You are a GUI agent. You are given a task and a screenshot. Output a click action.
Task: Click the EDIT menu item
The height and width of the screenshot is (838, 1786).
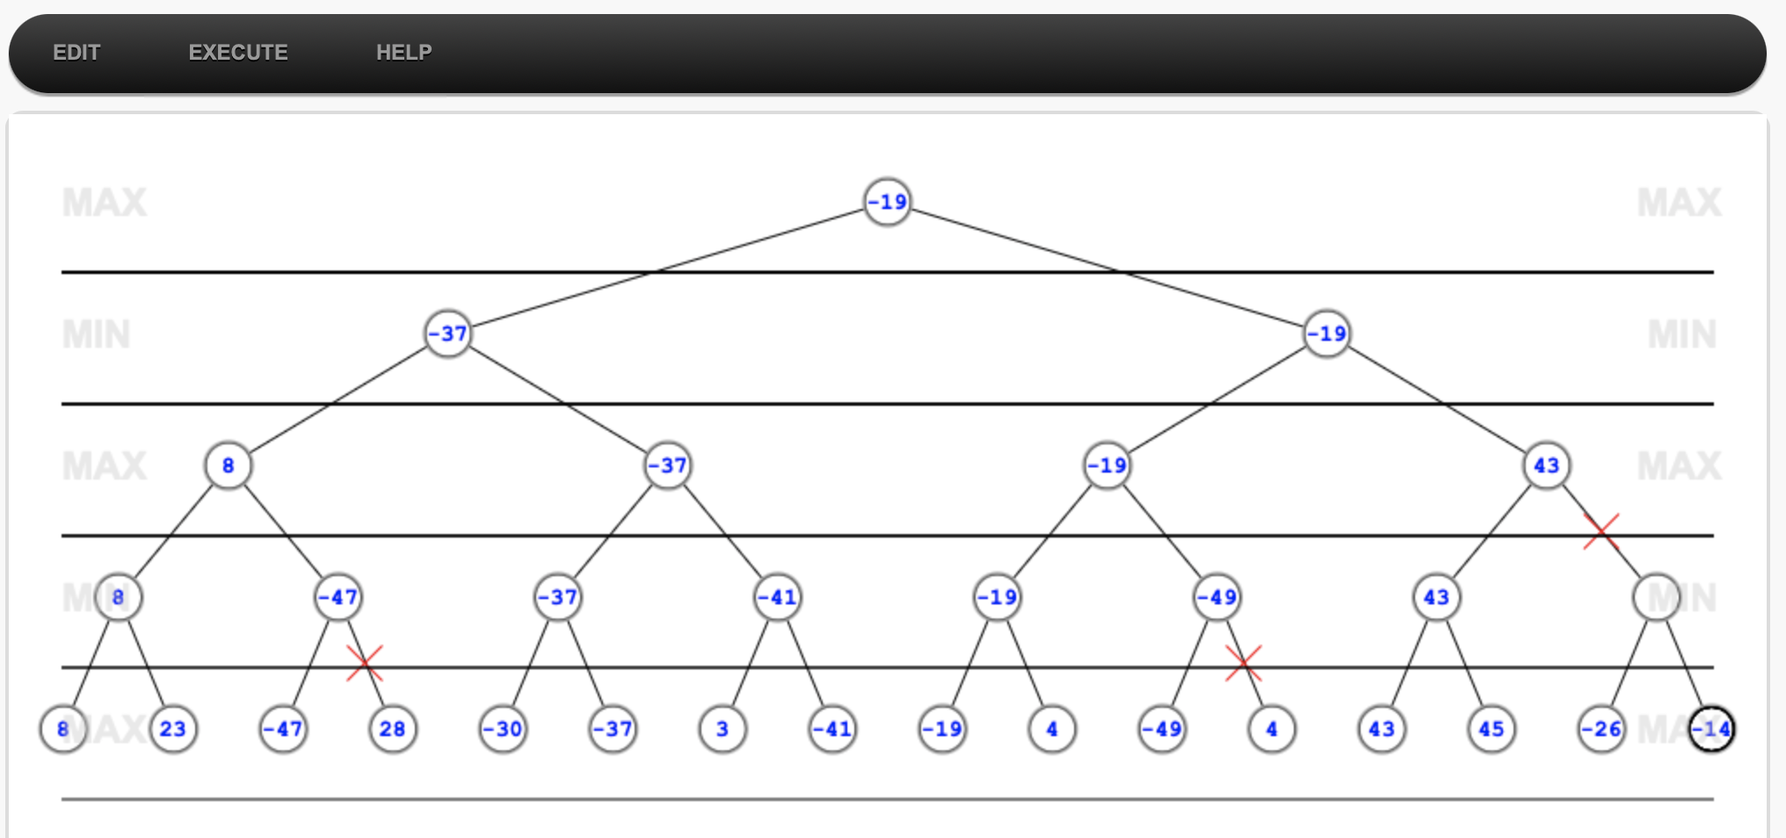click(76, 53)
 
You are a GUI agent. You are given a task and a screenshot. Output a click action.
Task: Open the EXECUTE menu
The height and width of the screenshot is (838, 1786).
click(238, 53)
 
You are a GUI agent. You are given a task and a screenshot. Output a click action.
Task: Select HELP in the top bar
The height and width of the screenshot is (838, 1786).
click(403, 53)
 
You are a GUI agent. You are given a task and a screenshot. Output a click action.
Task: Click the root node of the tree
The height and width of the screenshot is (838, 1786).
click(887, 202)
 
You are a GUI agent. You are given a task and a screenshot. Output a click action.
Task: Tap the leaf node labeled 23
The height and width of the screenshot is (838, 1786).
click(173, 729)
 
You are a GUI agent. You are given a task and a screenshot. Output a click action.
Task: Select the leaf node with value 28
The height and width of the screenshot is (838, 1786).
click(392, 729)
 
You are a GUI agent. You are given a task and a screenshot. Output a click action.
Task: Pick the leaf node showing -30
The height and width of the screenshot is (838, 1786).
click(503, 729)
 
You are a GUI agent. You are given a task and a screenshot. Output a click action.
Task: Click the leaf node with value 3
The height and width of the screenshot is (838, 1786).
click(722, 729)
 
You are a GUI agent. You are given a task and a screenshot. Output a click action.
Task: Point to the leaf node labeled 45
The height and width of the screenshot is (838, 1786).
click(1491, 729)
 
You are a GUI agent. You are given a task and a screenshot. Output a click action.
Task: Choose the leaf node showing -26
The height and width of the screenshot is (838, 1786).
click(1601, 729)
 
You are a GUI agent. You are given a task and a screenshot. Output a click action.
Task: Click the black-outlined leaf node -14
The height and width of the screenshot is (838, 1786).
click(1711, 729)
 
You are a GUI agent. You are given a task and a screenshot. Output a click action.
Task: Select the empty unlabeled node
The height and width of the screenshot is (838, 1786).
click(1656, 597)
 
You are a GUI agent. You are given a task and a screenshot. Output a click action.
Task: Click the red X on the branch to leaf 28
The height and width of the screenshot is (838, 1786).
click(365, 663)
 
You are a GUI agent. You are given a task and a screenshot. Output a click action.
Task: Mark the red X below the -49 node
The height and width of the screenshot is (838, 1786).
click(1244, 663)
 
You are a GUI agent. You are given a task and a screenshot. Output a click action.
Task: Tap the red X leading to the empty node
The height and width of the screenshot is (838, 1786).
click(1601, 531)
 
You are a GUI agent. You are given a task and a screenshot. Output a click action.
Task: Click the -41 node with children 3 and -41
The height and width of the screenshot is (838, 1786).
click(778, 597)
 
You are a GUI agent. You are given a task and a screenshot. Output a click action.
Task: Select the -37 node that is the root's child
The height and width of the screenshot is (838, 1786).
click(447, 334)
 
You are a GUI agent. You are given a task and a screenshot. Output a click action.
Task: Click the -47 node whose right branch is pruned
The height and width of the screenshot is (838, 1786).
click(338, 597)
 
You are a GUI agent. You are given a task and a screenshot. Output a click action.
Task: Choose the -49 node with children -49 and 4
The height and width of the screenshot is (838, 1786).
click(1217, 597)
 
